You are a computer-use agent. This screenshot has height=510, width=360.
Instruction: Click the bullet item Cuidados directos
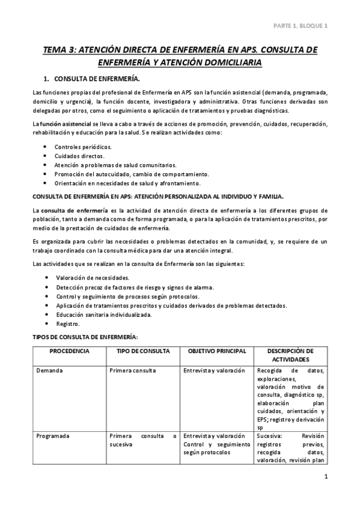(78, 156)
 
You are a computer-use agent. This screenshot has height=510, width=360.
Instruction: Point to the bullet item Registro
(69, 323)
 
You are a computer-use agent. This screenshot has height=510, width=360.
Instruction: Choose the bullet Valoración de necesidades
(92, 278)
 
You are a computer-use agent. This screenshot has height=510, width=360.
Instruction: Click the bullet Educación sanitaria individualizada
(104, 314)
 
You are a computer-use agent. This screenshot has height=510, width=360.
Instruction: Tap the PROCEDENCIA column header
(70, 351)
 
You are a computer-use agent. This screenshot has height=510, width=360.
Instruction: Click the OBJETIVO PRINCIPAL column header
(217, 351)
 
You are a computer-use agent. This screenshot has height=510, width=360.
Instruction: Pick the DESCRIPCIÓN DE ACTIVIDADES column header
(290, 355)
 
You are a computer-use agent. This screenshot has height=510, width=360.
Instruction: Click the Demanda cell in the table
(49, 370)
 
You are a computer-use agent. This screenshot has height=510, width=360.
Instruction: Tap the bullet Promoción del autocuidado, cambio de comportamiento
(132, 174)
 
